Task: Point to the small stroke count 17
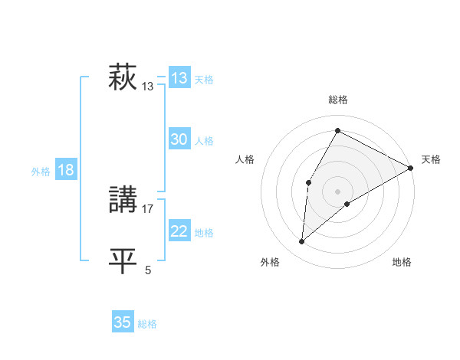148,208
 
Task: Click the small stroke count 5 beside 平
148,270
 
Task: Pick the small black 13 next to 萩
148,87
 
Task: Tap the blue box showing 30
179,139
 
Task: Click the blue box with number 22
179,231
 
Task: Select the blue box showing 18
66,170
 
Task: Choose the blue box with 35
123,322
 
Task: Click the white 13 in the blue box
179,78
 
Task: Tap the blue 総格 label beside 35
147,324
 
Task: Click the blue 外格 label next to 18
41,172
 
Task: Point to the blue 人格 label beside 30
204,141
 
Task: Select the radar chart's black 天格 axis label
431,160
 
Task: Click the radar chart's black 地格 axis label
402,263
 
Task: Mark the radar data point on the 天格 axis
411,168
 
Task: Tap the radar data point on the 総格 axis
337,130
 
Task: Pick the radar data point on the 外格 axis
302,242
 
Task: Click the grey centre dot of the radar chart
337,191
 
